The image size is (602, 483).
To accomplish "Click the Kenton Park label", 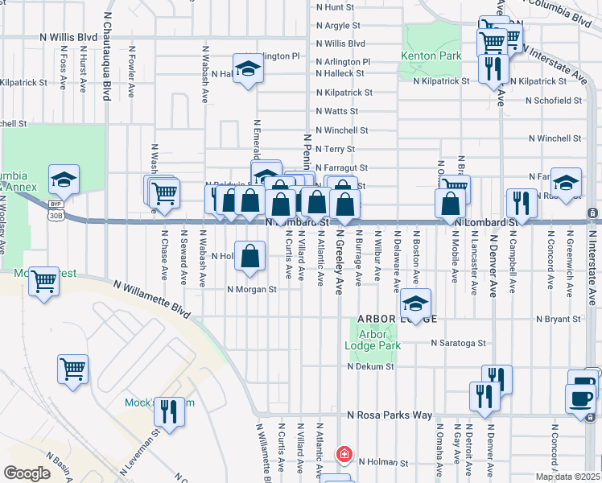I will coord(431,56).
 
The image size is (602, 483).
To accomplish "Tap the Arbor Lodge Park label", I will coord(367,340).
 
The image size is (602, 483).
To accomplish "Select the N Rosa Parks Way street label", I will coord(390,415).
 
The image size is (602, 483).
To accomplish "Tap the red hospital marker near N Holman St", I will coord(344,455).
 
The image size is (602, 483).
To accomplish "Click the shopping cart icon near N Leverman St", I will coord(72,369).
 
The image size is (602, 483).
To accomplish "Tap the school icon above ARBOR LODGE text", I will coord(415,303).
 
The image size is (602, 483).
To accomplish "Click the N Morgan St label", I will coord(252,290).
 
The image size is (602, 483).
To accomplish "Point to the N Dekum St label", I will coord(370,366).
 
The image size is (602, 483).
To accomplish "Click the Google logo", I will coord(27,473).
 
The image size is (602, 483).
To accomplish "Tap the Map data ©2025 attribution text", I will coord(568,477).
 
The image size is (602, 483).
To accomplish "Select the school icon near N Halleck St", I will coord(249,68).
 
